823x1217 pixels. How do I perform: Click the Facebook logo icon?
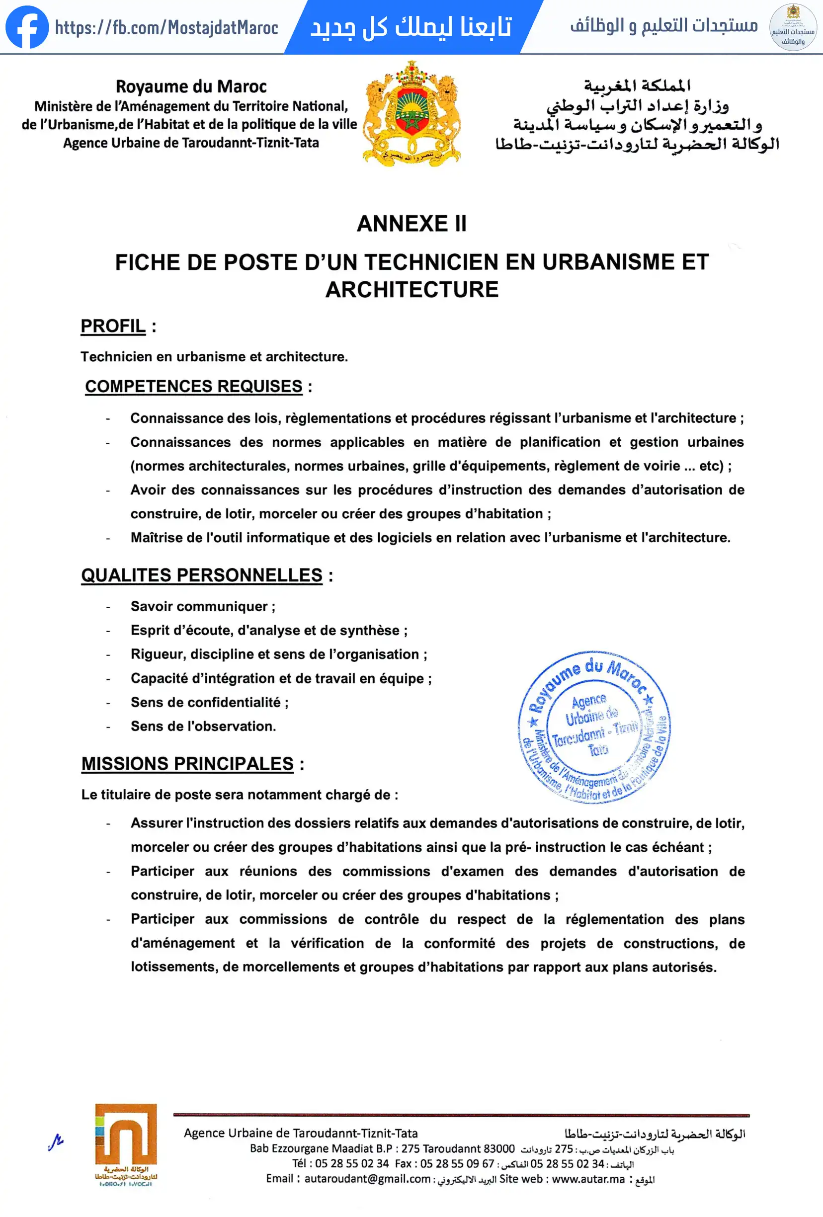(x=27, y=27)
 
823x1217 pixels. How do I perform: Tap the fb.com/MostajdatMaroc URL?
(x=166, y=27)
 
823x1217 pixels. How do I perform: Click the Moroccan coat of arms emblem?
(x=412, y=114)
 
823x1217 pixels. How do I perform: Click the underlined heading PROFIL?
(x=113, y=326)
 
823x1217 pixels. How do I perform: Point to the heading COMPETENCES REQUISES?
(x=194, y=387)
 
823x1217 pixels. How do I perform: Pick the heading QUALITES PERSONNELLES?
(x=202, y=575)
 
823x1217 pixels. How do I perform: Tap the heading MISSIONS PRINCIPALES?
(x=187, y=763)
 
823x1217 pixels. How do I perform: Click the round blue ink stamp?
(x=594, y=728)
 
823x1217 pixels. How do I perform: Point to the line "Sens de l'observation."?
(x=203, y=727)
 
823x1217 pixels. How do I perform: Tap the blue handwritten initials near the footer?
(x=56, y=1141)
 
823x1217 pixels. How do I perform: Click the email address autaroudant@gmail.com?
(x=367, y=1179)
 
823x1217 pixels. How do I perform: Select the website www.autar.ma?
(x=588, y=1179)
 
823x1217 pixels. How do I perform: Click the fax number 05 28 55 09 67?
(x=457, y=1164)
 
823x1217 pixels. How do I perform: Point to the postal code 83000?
(x=499, y=1149)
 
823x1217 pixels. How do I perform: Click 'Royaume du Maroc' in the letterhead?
(x=191, y=86)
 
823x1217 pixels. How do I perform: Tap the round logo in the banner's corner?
(x=793, y=27)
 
